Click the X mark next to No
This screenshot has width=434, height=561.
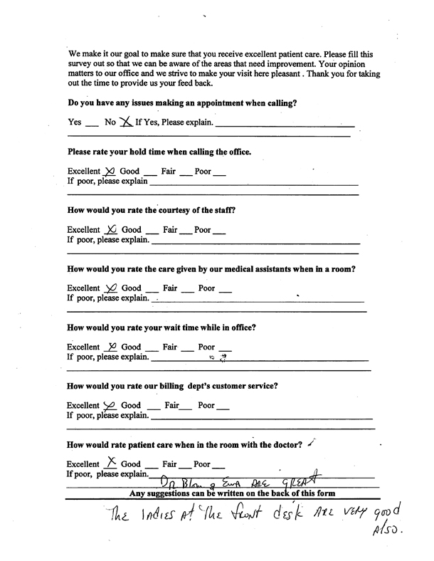126,122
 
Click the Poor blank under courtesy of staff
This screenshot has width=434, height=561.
219,231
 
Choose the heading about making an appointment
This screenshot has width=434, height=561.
181,103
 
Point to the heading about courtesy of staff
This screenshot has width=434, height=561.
151,211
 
